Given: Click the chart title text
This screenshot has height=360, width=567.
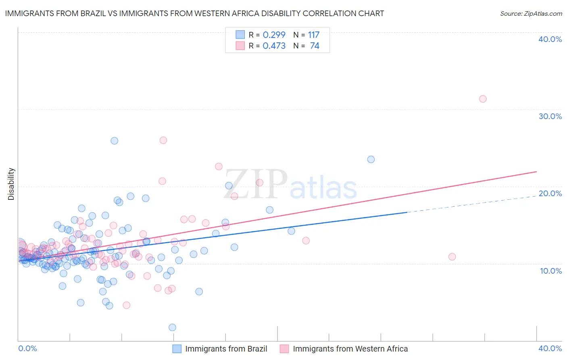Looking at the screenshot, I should pos(194,13).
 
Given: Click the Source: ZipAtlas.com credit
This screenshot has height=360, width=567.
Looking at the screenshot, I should pos(531,13).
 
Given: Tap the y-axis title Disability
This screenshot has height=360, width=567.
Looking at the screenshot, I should pos(11,184).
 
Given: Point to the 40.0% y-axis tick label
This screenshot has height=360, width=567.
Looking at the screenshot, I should pos(550,39).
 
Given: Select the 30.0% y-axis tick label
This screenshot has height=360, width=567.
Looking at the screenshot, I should pos(550,116).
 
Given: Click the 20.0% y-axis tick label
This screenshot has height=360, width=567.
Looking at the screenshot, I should pos(550,193).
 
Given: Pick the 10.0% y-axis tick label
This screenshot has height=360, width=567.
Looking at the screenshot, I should pos(550,271).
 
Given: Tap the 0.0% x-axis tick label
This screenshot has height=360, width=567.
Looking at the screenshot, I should pos(27,348).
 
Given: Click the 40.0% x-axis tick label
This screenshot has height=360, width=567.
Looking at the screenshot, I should pos(550,348).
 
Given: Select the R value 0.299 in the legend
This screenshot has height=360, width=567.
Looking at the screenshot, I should pos(274,35).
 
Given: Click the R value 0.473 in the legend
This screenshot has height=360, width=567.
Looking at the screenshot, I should pos(274,46).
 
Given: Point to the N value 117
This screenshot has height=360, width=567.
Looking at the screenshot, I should pos(314,35).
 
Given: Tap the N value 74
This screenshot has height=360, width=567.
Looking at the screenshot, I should pos(315,46).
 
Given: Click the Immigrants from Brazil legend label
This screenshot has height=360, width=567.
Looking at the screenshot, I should pos(226,349).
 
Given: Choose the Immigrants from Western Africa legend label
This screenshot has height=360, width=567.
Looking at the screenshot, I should pos(350,349).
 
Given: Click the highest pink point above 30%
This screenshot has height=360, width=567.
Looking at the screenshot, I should pos(483,99).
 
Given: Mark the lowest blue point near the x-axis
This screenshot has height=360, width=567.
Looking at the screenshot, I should pos(172,327).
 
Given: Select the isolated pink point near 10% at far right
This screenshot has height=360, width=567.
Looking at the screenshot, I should pos(452,257).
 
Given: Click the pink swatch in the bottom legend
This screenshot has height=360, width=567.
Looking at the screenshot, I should pos(284,349).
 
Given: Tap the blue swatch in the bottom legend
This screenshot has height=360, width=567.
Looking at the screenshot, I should pos(177,349).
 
